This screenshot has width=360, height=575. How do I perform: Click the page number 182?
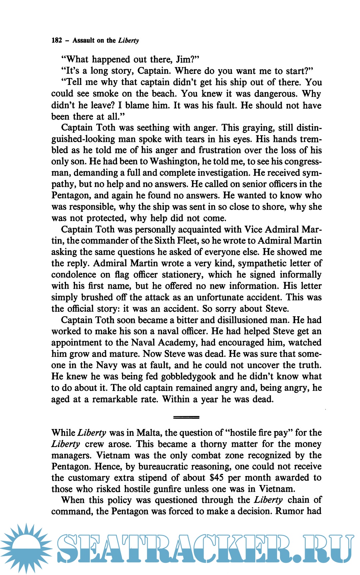pyautogui.click(x=57, y=40)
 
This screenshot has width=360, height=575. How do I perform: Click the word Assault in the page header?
pyautogui.click(x=84, y=40)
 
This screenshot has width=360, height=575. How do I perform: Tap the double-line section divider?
pyautogui.click(x=186, y=417)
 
